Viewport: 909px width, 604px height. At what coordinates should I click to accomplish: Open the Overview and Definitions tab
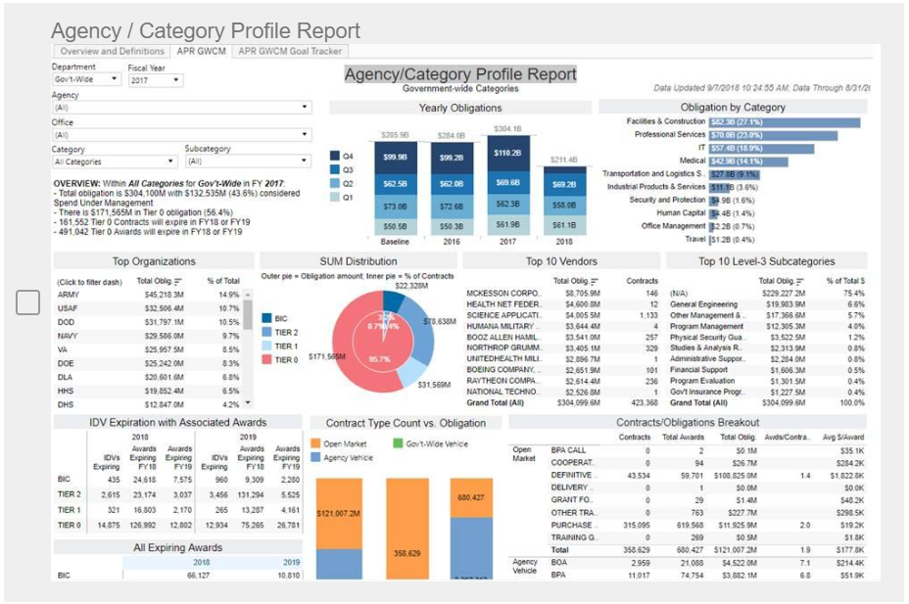coord(112,51)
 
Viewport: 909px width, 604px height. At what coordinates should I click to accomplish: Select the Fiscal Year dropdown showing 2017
coord(152,80)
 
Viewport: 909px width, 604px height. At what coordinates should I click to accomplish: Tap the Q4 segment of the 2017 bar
coord(508,154)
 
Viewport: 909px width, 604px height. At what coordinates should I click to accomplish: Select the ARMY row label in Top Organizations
coord(69,294)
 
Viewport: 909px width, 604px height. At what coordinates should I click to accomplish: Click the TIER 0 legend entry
coord(286,359)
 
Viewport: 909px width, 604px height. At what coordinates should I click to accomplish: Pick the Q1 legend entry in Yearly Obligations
coord(347,197)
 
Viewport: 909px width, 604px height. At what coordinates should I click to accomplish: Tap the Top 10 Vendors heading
coord(561,261)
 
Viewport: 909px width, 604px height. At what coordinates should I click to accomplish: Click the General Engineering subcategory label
coord(703,304)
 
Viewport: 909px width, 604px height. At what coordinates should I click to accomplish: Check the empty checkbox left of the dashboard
coord(28,302)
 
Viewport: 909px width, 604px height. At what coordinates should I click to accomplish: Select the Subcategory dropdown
coord(247,162)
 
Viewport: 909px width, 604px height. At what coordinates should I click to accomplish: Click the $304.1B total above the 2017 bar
coord(507,128)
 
